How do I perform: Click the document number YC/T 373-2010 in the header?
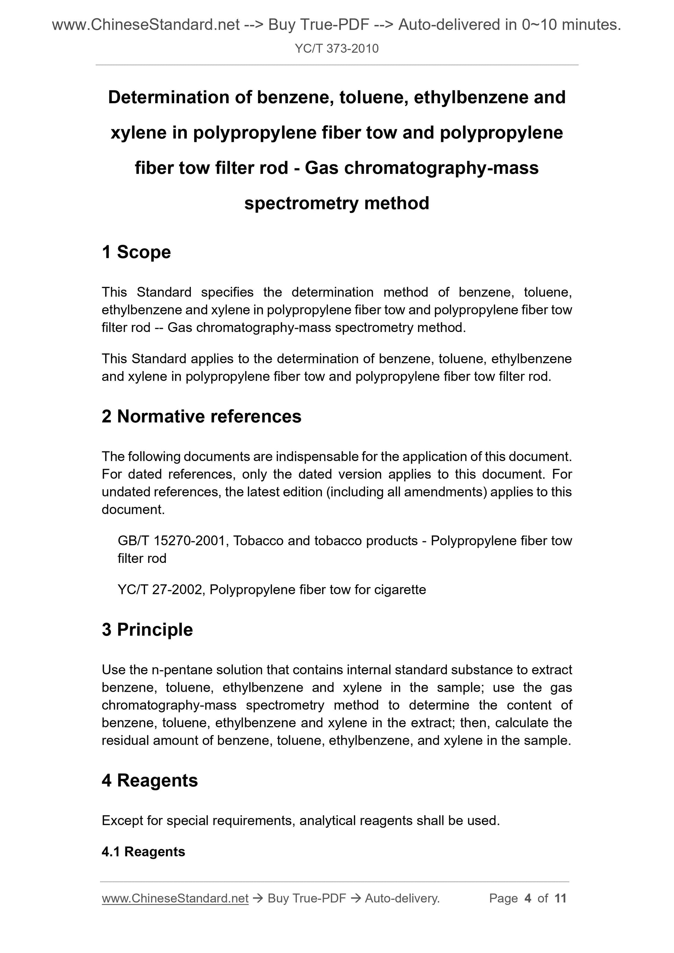(x=336, y=49)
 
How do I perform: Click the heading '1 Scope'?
(x=136, y=252)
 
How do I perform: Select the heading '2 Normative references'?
(x=202, y=417)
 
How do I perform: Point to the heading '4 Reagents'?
(x=150, y=780)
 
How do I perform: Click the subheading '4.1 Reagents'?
(x=143, y=852)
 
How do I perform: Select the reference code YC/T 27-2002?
(x=160, y=590)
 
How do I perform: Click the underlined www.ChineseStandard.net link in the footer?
(x=175, y=899)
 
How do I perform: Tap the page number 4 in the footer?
(x=528, y=899)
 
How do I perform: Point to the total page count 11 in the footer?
(x=560, y=899)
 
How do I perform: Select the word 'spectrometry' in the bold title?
(x=301, y=204)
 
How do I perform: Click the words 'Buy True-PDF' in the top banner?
(x=319, y=25)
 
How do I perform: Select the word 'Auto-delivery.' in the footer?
(x=402, y=899)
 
